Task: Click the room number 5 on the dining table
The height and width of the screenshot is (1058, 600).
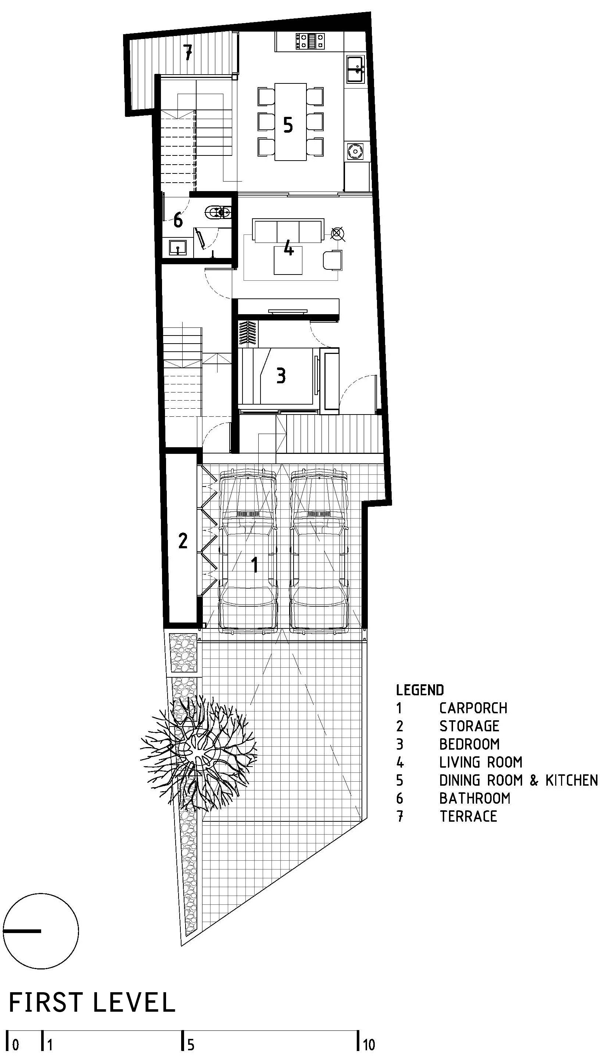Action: [288, 125]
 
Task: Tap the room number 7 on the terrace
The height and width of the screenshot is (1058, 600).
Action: [187, 52]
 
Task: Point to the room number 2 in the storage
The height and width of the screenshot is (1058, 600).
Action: [183, 540]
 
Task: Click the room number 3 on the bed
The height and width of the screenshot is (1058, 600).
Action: [281, 376]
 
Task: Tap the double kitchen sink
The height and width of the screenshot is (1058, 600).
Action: [355, 69]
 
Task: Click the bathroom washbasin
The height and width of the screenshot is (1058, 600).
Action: [177, 248]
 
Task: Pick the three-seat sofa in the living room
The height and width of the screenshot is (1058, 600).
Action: [288, 231]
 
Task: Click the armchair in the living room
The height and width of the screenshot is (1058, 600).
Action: [333, 260]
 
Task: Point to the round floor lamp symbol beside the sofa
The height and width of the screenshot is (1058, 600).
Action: [337, 234]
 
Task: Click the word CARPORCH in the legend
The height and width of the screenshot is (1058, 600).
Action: [473, 708]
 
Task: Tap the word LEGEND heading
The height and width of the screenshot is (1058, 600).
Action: [420, 690]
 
